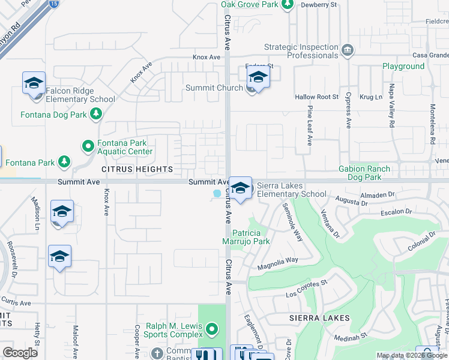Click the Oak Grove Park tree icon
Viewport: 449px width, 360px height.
(x=287, y=5)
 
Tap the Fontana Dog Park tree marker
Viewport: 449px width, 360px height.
(x=95, y=114)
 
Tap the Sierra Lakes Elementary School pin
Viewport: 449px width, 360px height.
(x=240, y=188)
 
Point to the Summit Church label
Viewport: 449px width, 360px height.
(x=214, y=88)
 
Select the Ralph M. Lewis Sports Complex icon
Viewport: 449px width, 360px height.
(x=211, y=329)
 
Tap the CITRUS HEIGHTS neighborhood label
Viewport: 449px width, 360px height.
(x=137, y=170)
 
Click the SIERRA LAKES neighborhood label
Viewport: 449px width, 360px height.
(x=311, y=317)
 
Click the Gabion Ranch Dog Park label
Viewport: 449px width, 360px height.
(x=369, y=173)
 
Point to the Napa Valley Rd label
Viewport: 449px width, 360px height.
(x=391, y=115)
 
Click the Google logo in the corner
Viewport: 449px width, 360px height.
(x=20, y=352)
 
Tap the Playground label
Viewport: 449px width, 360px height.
(x=403, y=66)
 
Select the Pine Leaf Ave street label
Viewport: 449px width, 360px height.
(x=310, y=126)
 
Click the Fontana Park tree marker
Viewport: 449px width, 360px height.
(x=64, y=162)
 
